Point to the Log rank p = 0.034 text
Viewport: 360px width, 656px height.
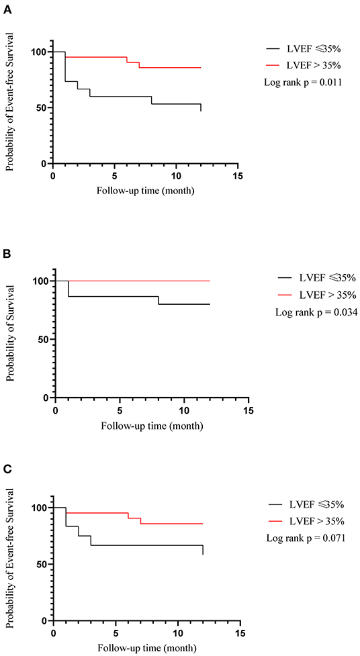pyautogui.click(x=316, y=312)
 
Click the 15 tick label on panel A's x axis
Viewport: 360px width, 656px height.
pyautogui.click(x=238, y=176)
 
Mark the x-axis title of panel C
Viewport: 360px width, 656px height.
pyautogui.click(x=147, y=648)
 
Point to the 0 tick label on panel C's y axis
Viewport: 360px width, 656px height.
pyautogui.click(x=44, y=620)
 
